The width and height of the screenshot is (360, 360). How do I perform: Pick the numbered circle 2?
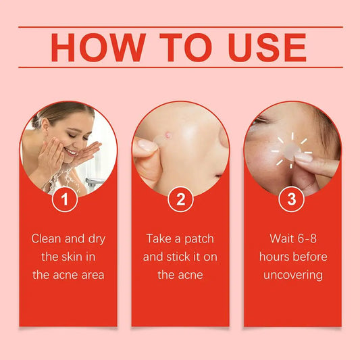180,199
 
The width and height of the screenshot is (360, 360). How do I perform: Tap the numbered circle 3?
292,199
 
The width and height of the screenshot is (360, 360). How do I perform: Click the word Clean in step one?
47,238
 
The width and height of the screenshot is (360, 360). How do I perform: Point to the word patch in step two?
199,238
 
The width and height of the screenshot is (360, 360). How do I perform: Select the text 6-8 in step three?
310,238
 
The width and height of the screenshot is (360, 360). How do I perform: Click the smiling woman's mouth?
70,152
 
